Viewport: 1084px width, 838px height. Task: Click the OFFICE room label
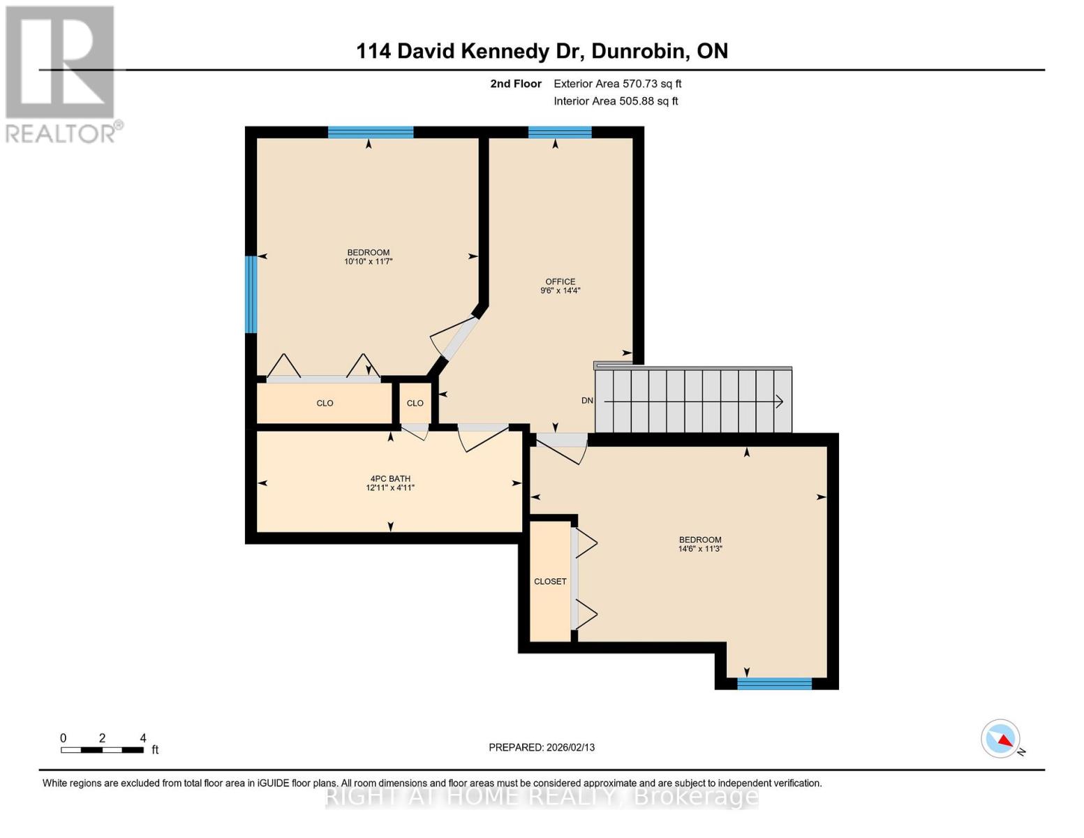click(x=560, y=281)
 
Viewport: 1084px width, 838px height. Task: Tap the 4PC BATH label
click(x=390, y=479)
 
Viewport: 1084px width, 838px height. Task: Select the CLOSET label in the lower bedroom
click(x=550, y=581)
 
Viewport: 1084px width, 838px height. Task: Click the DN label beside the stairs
click(x=587, y=401)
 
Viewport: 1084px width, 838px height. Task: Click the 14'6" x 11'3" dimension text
click(x=700, y=549)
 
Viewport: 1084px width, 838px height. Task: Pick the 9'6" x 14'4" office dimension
click(x=560, y=291)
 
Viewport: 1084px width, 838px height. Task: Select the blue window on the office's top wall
click(x=560, y=133)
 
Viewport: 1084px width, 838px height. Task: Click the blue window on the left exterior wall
click(x=251, y=294)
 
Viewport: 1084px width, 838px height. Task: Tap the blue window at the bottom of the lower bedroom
click(x=774, y=684)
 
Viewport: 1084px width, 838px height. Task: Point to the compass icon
click(x=1001, y=739)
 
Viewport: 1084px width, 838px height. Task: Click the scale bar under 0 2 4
click(x=102, y=750)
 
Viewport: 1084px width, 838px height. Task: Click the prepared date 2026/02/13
click(x=570, y=747)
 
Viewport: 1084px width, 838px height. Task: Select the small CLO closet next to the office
click(x=415, y=403)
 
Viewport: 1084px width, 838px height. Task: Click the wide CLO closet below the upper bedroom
click(x=325, y=403)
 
